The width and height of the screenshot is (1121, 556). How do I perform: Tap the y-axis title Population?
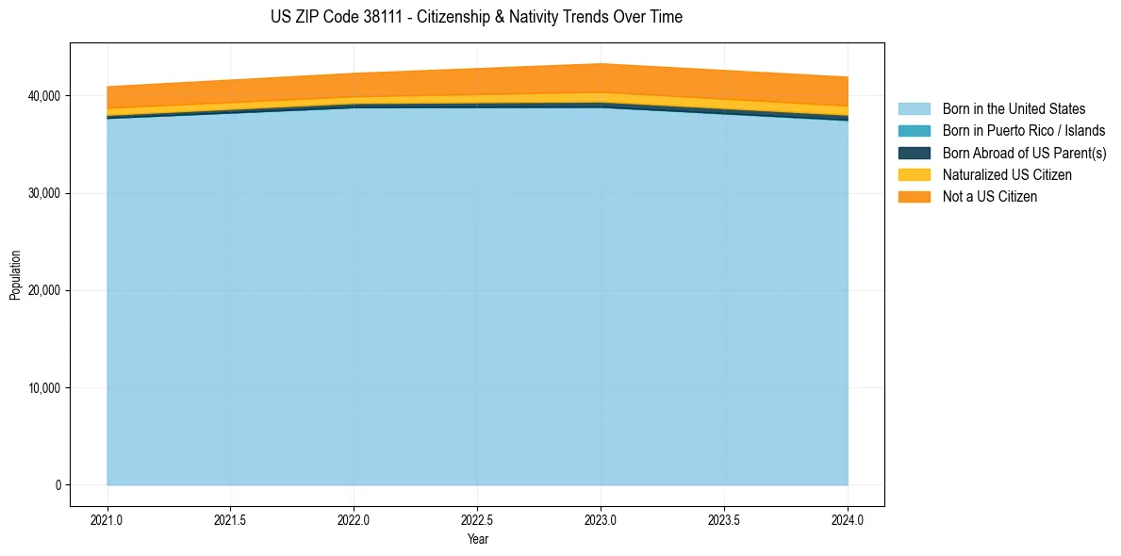15,275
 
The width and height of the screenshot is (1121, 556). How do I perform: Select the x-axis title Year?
477,539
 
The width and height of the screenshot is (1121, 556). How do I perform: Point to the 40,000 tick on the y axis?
41,96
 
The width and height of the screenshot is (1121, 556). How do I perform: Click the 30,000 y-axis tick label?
41,193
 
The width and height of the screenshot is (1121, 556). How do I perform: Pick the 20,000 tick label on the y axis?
41,290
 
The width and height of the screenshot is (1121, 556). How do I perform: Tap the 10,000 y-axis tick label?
41,388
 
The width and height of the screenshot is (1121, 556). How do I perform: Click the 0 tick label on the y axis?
58,485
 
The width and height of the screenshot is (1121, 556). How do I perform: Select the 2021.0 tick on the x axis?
107,519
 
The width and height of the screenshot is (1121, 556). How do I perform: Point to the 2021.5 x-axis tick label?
231,519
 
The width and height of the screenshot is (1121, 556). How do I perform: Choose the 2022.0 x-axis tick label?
354,519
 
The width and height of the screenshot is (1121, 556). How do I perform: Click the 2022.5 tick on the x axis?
477,519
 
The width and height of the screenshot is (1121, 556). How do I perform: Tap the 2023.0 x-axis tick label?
601,519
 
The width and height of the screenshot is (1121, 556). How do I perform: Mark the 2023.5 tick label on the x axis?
724,519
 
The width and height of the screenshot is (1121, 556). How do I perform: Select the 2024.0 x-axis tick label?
848,519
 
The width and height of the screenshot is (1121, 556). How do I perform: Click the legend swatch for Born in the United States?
914,109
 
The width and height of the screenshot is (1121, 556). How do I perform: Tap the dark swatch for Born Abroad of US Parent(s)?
914,153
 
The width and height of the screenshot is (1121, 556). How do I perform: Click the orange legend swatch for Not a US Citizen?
914,197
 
